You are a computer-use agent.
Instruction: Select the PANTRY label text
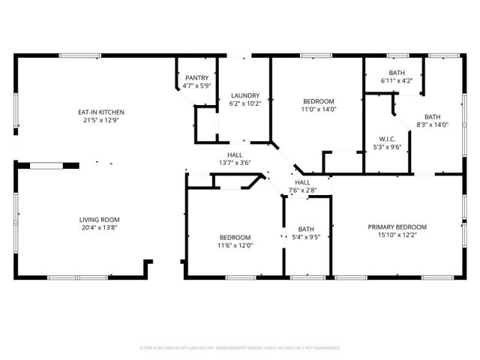click(196, 77)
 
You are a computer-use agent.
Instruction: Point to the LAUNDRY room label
click(245, 95)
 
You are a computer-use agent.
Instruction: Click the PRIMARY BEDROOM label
click(397, 227)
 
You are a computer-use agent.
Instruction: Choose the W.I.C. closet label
click(388, 139)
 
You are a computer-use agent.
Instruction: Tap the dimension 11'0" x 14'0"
click(319, 109)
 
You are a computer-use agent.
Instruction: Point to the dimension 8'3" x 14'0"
click(433, 125)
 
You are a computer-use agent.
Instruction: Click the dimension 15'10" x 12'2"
click(397, 235)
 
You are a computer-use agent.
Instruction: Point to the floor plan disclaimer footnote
click(240, 348)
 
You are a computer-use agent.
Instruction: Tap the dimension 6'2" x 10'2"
click(245, 103)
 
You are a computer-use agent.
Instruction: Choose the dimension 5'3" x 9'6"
click(388, 147)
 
